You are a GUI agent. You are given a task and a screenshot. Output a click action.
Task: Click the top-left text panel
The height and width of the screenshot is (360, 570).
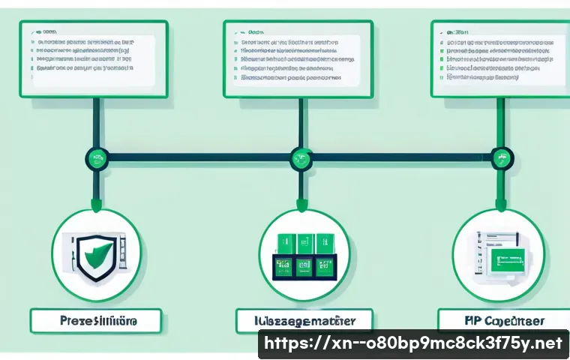coord(94,59)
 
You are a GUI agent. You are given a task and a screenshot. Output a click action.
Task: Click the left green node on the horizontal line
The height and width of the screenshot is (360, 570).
coord(97,158)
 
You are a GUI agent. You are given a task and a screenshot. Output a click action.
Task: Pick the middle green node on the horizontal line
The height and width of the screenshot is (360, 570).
coord(300,158)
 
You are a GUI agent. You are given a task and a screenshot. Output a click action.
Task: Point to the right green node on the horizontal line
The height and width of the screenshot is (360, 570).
coord(501,158)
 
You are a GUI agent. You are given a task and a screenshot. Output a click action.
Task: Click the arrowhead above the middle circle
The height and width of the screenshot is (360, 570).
coord(300,204)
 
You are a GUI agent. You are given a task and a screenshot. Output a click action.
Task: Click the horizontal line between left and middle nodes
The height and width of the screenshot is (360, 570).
coord(199,158)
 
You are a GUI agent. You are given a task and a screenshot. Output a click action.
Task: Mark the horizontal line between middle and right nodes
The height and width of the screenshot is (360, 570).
coord(401,158)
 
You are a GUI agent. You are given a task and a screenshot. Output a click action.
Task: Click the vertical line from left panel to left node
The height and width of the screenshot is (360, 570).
coord(97,124)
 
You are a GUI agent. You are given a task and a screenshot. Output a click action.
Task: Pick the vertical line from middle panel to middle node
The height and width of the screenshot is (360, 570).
coord(300,124)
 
